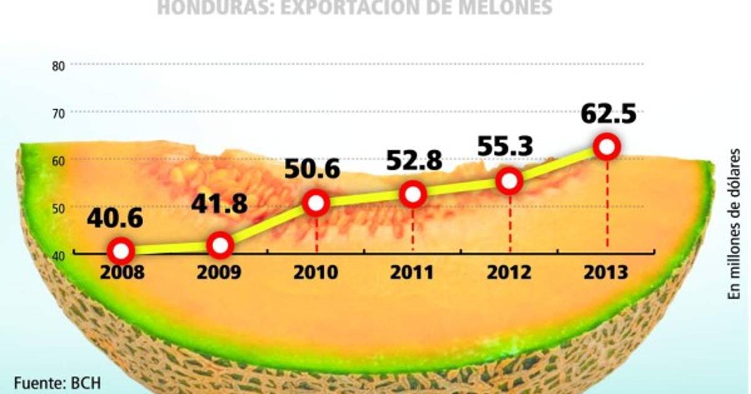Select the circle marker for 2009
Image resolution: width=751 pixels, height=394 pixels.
click(220, 245)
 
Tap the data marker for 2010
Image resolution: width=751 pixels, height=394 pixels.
click(317, 203)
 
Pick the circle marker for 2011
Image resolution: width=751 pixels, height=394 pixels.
click(413, 194)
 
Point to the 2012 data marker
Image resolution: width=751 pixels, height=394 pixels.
click(510, 181)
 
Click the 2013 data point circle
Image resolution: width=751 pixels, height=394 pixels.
click(606, 148)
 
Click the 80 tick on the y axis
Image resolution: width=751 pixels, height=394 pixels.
click(58, 65)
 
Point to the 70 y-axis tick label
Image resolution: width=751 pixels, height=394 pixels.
click(58, 113)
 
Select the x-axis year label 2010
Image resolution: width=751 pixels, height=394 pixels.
click(317, 273)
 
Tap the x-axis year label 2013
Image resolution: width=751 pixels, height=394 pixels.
click(606, 273)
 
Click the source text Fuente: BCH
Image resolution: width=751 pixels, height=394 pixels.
click(57, 381)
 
